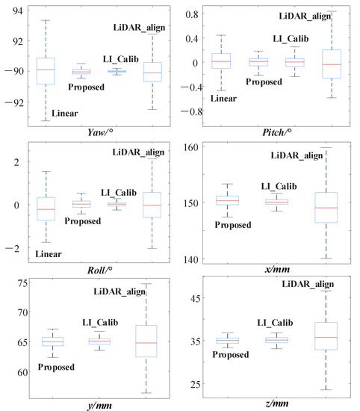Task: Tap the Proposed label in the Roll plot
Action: pyautogui.click(x=83, y=221)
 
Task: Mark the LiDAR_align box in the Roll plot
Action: pyautogui.click(x=152, y=204)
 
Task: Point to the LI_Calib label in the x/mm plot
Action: pyautogui.click(x=278, y=185)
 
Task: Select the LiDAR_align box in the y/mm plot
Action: pyautogui.click(x=146, y=341)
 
